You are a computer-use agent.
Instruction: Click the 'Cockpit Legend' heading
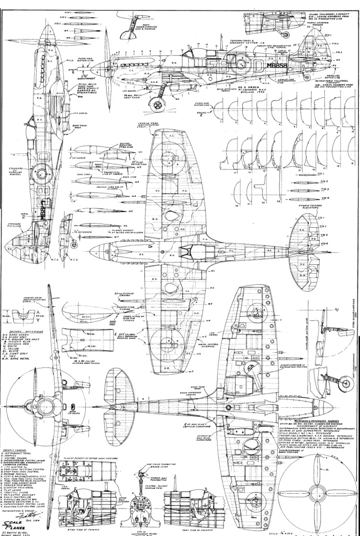tap(15, 449)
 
